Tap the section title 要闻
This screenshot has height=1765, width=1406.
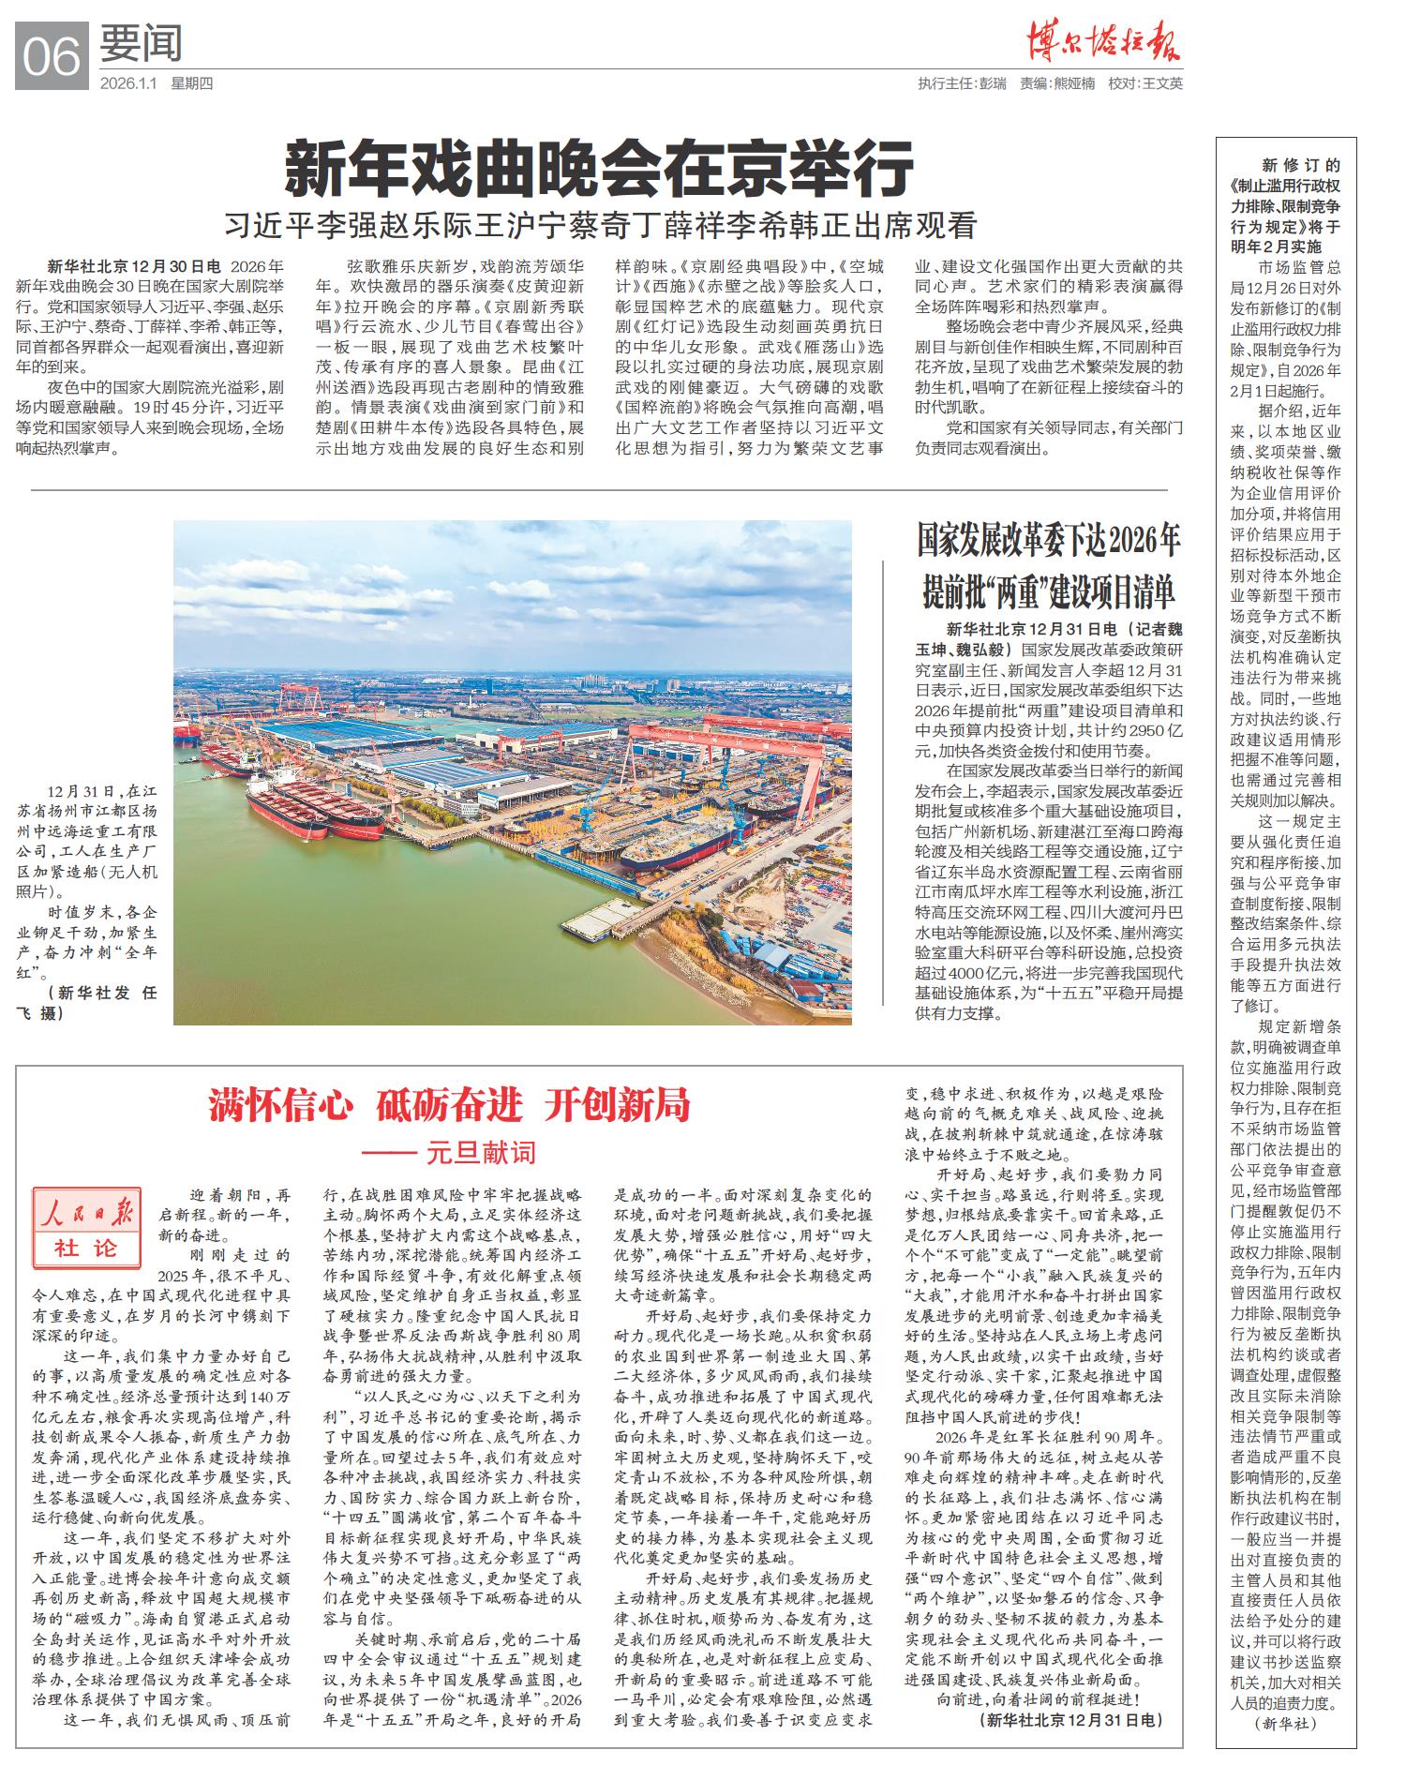(x=141, y=43)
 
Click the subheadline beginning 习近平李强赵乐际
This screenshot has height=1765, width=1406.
(x=600, y=225)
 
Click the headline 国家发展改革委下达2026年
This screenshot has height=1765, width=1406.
(x=1049, y=542)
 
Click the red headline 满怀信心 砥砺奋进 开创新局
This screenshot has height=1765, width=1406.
(x=449, y=1106)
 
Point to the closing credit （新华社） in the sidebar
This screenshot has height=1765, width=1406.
(x=1286, y=1723)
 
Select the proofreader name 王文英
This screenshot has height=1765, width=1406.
(x=1162, y=83)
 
